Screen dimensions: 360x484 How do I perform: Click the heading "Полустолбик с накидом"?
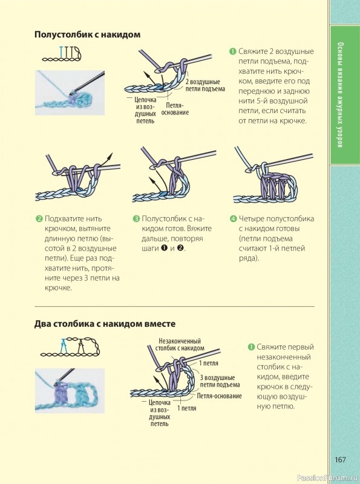(x=87, y=34)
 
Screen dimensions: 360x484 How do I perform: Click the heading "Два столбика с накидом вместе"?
(x=105, y=324)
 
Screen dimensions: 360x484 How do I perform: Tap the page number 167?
(x=340, y=460)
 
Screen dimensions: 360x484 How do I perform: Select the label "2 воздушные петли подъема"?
(x=205, y=85)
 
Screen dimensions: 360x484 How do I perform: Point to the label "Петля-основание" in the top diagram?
(x=175, y=109)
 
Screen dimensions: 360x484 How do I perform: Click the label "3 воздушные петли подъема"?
(x=220, y=381)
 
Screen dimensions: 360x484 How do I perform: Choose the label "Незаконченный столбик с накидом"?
(x=180, y=344)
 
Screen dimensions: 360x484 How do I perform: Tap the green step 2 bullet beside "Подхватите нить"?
(x=39, y=219)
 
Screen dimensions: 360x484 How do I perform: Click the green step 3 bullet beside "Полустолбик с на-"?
(x=136, y=219)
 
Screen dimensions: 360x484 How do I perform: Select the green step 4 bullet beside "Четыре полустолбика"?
(x=233, y=219)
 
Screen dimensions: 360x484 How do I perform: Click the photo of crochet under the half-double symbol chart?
(x=70, y=93)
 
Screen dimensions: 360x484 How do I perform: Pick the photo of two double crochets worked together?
(x=70, y=390)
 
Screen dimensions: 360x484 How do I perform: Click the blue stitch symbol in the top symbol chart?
(x=62, y=52)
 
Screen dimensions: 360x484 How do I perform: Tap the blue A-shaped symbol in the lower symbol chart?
(x=64, y=346)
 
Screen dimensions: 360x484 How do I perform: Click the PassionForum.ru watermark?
(x=328, y=478)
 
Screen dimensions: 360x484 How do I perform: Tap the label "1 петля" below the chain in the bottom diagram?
(x=186, y=408)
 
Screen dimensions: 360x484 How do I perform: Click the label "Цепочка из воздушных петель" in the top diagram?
(x=145, y=110)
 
